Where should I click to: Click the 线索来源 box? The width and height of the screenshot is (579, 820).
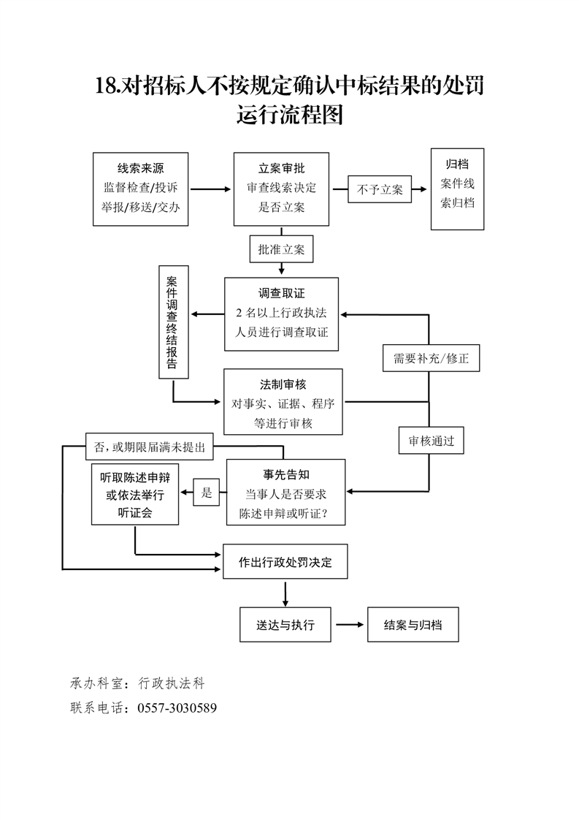tap(141, 188)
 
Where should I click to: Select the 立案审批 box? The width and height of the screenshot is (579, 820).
tap(281, 189)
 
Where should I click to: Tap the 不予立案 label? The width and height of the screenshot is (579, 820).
tap(380, 189)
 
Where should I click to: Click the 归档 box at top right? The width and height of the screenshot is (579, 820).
tap(457, 189)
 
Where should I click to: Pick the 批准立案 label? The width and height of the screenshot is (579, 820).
tap(281, 249)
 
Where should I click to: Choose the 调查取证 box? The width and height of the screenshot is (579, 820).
tap(281, 314)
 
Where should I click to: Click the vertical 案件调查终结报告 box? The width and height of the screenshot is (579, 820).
tap(173, 322)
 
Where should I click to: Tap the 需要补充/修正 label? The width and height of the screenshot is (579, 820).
tap(431, 359)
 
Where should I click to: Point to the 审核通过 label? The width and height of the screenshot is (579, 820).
tap(431, 441)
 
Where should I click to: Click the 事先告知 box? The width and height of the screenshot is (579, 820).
tap(285, 492)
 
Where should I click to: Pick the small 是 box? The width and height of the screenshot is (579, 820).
tap(207, 493)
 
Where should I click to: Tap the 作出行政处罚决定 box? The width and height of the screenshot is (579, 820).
tap(285, 563)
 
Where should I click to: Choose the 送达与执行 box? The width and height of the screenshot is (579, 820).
tap(285, 625)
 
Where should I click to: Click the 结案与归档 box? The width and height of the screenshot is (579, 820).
tap(413, 625)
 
